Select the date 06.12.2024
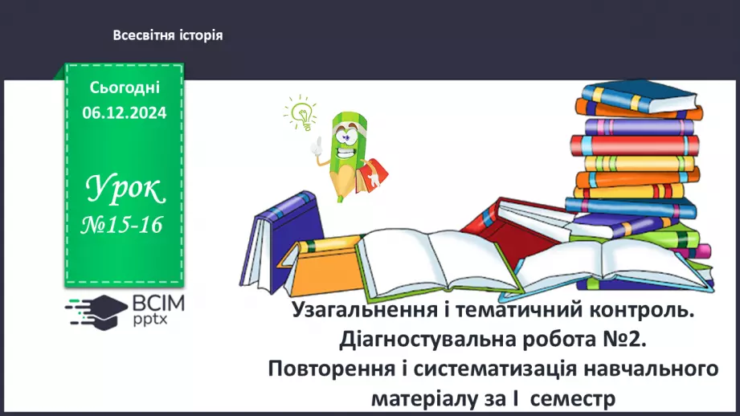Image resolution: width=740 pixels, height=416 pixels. pos(124,113)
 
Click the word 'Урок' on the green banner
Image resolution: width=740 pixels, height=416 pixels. pos(125,190)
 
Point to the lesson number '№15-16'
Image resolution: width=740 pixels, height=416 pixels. pos(124,226)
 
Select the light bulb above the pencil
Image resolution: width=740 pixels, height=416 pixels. pos(301,114)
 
